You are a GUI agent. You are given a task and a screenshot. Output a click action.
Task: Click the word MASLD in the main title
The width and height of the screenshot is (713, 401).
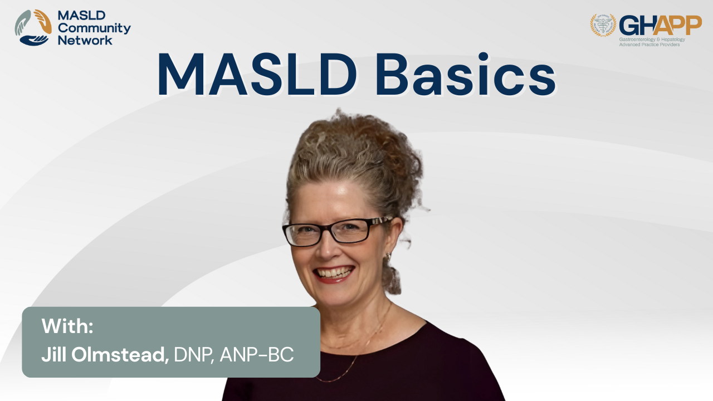tap(257, 75)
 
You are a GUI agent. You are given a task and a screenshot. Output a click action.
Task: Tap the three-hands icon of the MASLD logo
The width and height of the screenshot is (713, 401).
tap(33, 28)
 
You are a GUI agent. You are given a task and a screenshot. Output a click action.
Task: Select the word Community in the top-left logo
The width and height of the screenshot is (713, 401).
tap(94, 28)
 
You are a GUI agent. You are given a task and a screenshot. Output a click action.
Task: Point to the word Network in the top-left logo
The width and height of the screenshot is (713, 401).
tap(85, 41)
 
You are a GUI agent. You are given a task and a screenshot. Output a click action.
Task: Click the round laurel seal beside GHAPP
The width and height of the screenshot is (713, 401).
tap(603, 25)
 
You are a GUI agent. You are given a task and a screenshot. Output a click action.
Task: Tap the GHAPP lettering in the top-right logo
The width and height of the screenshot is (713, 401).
tap(660, 26)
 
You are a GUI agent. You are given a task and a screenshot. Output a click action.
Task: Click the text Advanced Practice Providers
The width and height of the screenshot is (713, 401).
tap(649, 45)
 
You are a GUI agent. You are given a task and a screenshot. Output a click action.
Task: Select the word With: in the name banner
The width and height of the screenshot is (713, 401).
tap(67, 326)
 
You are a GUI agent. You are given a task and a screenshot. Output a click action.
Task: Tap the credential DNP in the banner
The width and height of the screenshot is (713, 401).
tap(193, 355)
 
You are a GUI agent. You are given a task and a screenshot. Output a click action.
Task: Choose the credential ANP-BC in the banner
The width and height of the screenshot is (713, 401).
tap(257, 355)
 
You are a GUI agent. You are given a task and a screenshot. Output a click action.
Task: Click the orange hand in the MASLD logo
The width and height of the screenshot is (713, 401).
tap(43, 21)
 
